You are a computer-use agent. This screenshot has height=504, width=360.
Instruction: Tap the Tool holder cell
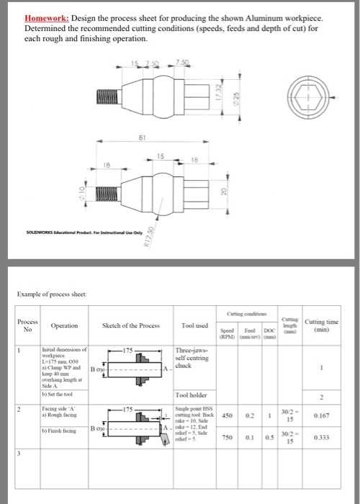coord(193,394)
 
